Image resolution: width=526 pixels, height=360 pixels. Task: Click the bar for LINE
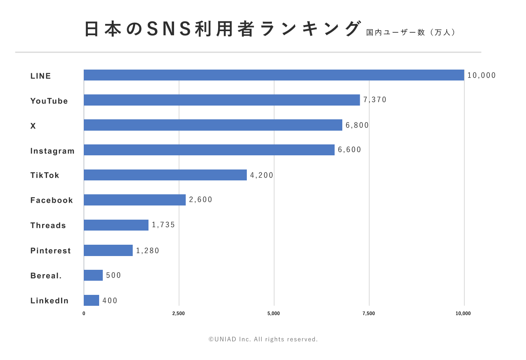click(x=274, y=75)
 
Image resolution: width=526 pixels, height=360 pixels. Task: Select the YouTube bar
click(x=222, y=100)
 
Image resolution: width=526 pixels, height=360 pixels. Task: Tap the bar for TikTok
click(x=165, y=175)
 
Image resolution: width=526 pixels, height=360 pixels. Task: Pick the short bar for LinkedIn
click(x=91, y=300)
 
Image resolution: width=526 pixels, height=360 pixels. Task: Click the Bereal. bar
click(x=93, y=275)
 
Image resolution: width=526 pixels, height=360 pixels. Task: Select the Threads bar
click(x=116, y=225)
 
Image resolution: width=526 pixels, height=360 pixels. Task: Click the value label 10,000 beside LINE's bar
click(x=481, y=75)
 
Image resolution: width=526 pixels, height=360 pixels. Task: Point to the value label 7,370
click(x=375, y=100)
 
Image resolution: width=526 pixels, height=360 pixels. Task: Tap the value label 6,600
click(x=350, y=150)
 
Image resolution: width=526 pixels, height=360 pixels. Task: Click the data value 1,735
click(x=163, y=225)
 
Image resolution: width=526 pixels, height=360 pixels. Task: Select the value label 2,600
click(x=201, y=200)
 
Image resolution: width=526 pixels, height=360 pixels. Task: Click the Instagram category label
click(x=53, y=151)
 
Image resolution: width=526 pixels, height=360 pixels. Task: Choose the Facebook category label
click(x=52, y=200)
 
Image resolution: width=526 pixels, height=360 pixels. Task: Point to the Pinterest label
click(x=51, y=251)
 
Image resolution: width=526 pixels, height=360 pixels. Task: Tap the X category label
click(x=33, y=126)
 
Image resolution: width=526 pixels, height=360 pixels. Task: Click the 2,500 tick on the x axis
click(x=178, y=313)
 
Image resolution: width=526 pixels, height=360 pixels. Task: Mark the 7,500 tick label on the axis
click(x=369, y=313)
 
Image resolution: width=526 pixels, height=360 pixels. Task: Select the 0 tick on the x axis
click(x=84, y=313)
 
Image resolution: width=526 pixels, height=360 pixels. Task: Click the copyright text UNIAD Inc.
click(x=263, y=339)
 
